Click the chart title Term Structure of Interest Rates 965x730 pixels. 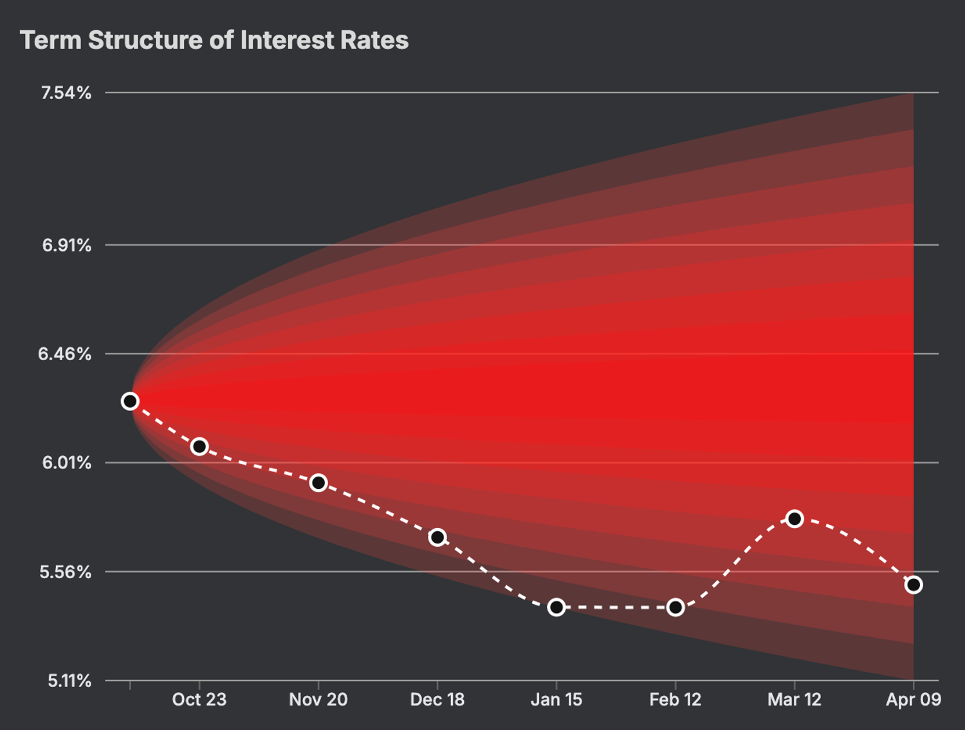(x=214, y=41)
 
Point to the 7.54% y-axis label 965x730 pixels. (x=66, y=93)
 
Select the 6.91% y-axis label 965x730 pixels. (x=66, y=245)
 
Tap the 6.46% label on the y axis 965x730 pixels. (x=65, y=354)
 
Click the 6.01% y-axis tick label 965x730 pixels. (x=66, y=462)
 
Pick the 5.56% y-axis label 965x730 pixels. (x=66, y=572)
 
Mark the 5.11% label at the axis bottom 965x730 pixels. (x=69, y=680)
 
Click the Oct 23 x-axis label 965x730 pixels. (x=199, y=700)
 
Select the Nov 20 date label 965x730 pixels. (x=318, y=700)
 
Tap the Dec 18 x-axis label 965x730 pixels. (x=437, y=700)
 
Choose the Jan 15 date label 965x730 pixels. (x=556, y=700)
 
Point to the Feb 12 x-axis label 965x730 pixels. (x=675, y=700)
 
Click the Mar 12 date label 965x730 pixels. (x=795, y=700)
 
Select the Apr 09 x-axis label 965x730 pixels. (x=914, y=700)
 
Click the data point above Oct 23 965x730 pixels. (x=199, y=446)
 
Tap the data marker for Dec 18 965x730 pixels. (x=437, y=537)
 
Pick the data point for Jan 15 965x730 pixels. (x=556, y=607)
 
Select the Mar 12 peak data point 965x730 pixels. (x=795, y=518)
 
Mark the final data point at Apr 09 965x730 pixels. (x=914, y=585)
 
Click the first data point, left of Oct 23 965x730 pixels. (x=130, y=401)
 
